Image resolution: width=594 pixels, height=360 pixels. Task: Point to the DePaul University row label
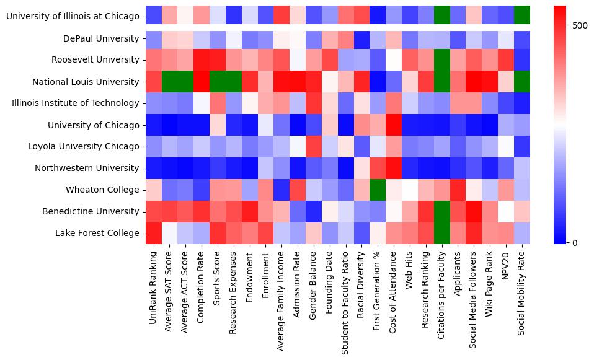pyautogui.click(x=101, y=38)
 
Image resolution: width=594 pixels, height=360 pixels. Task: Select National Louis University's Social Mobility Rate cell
pyautogui.click(x=523, y=82)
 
